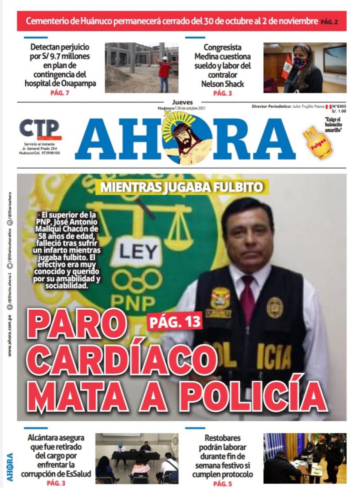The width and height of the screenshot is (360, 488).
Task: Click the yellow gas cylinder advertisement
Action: click(317, 143)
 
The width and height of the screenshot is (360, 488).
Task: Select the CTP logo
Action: click(40, 129)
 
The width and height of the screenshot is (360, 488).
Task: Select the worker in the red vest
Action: click(164, 71)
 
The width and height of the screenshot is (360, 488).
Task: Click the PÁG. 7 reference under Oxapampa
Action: click(60, 92)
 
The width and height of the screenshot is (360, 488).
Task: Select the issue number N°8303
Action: click(339, 106)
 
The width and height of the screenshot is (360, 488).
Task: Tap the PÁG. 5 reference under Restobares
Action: click(222, 483)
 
